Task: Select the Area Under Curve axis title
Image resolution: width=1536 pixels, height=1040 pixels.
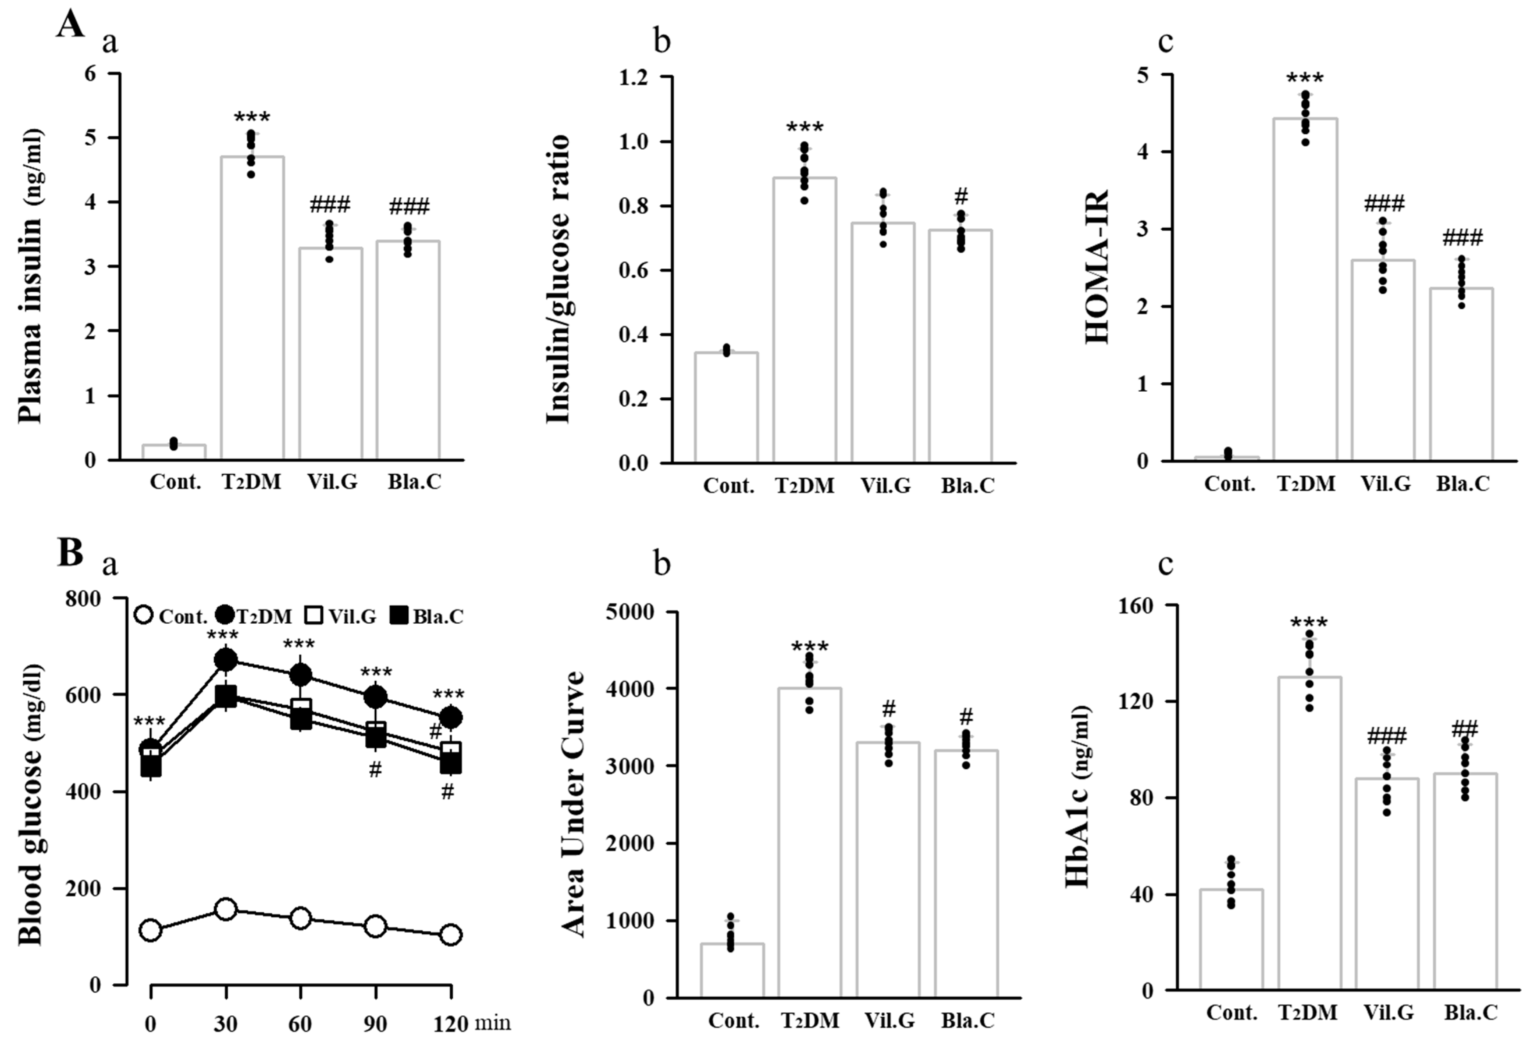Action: tap(574, 803)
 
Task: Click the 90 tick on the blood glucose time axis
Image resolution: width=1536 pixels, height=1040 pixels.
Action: tap(376, 1024)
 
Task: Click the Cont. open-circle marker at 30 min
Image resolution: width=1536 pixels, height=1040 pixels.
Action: tap(226, 909)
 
